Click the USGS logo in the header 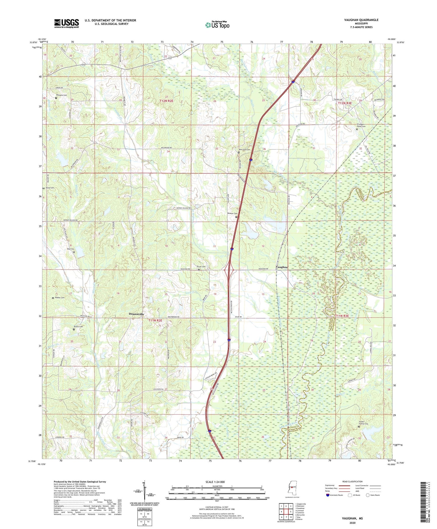point(66,23)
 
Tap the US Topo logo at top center point(217,25)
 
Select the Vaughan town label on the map point(281,267)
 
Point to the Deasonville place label point(136,314)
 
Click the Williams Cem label point(61,95)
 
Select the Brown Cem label point(78,327)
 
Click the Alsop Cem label point(50,188)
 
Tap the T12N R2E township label point(166,101)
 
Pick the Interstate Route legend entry point(335,495)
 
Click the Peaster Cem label point(232,213)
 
